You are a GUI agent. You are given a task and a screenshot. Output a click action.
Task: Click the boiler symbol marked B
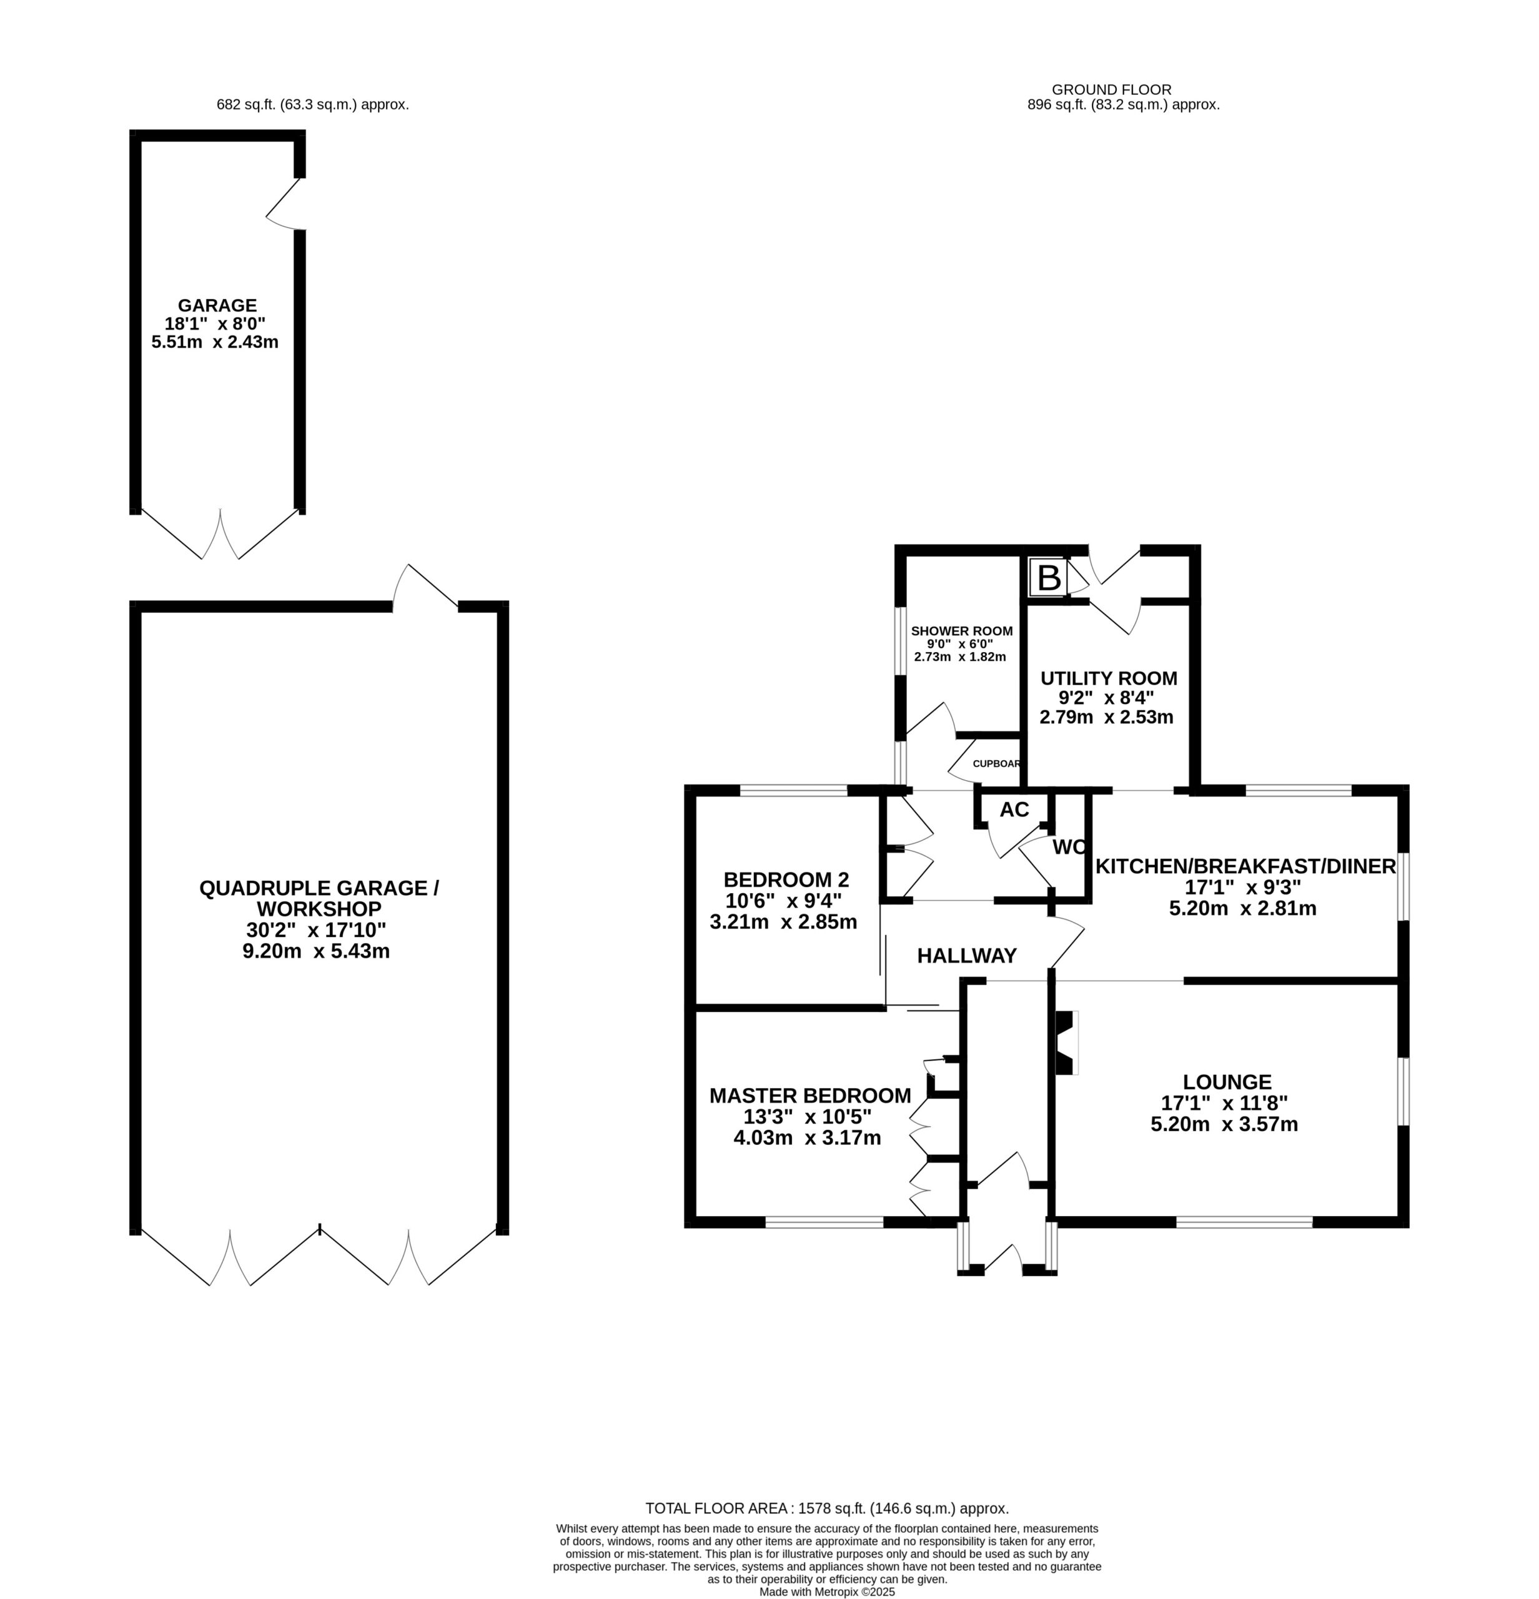1048,578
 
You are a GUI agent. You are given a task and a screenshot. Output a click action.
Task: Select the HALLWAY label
966,955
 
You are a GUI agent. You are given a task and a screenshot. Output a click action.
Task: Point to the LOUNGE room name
1227,1082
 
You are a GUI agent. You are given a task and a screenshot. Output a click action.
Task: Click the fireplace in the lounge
1066,1042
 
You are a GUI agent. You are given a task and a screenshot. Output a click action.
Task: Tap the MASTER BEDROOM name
810,1095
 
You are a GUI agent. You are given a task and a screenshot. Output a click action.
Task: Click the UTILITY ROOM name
1109,678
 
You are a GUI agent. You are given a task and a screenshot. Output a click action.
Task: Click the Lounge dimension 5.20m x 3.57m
1224,1124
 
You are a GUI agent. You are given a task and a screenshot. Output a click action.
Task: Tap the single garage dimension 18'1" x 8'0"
215,323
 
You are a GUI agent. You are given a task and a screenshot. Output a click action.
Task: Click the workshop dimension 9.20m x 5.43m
317,951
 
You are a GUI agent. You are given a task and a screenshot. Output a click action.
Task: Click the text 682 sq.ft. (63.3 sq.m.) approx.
312,104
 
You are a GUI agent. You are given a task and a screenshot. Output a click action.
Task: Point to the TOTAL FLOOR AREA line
827,1508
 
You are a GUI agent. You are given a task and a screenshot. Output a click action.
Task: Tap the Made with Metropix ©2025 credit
827,1592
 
